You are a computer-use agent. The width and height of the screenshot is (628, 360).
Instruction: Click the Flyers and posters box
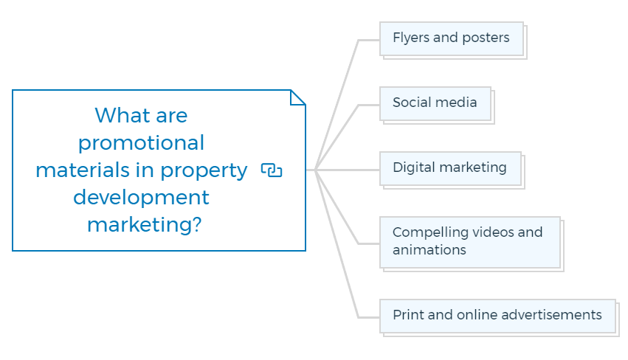point(452,39)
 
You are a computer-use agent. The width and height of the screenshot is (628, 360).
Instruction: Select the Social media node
point(435,104)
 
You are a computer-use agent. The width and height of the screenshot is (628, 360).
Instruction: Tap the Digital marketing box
point(451,169)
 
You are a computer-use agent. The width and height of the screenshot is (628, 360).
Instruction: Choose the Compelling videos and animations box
point(470,242)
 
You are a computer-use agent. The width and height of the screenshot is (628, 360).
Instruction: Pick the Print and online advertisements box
point(498,316)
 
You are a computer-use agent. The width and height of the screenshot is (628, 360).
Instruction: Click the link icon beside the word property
point(272,170)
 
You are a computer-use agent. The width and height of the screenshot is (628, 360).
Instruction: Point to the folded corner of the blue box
point(297,97)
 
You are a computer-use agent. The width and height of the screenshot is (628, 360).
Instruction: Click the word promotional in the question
point(141,143)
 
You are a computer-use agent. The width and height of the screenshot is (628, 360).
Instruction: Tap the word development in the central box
point(141,198)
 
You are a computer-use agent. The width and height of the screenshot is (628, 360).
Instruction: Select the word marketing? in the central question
point(144,225)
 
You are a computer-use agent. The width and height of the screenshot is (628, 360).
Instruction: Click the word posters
point(486,38)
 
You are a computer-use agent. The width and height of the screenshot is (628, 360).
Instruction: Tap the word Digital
point(414,167)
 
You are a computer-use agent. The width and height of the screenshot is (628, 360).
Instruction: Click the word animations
point(429,250)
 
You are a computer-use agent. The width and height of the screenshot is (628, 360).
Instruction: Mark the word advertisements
point(551,315)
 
